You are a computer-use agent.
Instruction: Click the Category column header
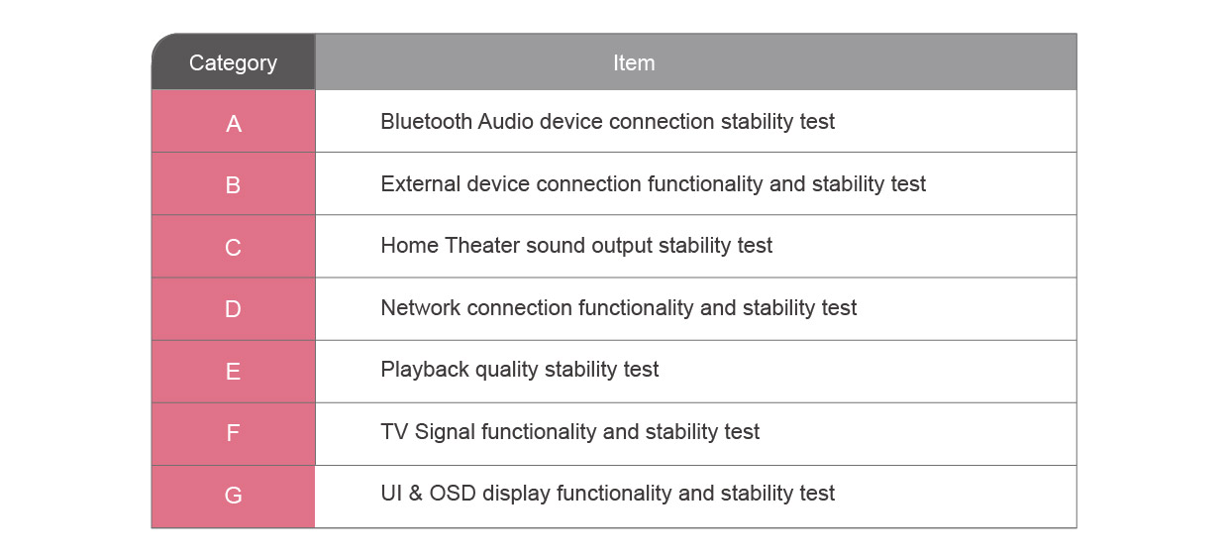tap(233, 63)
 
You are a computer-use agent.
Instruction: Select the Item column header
tap(634, 63)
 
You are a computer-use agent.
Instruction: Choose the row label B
tap(233, 185)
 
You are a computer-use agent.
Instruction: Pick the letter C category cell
tap(233, 248)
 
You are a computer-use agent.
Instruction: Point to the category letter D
tap(233, 309)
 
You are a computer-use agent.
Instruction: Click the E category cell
tap(233, 372)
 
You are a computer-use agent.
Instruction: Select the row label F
tap(233, 433)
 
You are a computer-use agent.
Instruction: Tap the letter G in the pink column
tap(233, 496)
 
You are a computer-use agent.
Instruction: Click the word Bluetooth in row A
tap(426, 121)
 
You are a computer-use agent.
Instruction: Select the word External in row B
tap(421, 183)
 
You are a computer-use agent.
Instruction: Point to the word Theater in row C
tap(482, 245)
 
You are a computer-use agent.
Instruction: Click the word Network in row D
tap(421, 308)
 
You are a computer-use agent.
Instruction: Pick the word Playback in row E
tap(425, 369)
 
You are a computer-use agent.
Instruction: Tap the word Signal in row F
tap(445, 432)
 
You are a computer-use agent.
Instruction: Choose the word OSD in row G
tap(453, 494)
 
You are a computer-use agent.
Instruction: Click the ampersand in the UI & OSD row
tap(416, 494)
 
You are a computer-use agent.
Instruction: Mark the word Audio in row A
tap(505, 121)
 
